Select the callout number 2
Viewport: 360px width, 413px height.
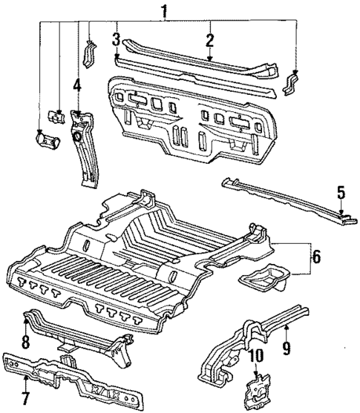[210, 40]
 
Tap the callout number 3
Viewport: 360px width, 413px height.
[117, 38]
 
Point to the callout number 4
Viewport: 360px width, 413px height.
[77, 85]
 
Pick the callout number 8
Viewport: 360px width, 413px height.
[26, 342]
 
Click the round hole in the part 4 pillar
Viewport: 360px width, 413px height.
[77, 136]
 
